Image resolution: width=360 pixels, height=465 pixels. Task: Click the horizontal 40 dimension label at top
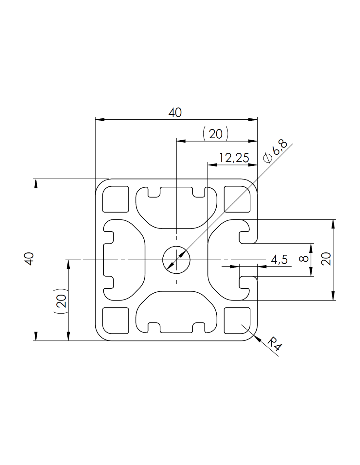tap(175, 112)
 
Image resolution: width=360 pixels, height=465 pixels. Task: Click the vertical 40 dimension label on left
tap(29, 259)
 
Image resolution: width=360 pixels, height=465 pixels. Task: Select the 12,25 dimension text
tap(234, 158)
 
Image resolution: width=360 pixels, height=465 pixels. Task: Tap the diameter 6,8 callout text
tap(276, 152)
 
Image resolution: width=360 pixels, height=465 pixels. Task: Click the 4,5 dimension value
tap(279, 260)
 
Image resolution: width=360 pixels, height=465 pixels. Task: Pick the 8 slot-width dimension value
tap(303, 259)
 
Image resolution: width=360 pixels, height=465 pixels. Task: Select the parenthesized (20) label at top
tap(215, 134)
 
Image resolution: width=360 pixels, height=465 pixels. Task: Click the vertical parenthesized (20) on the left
tap(61, 301)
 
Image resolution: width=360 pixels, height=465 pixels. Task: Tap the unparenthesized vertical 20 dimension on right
tap(326, 259)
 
